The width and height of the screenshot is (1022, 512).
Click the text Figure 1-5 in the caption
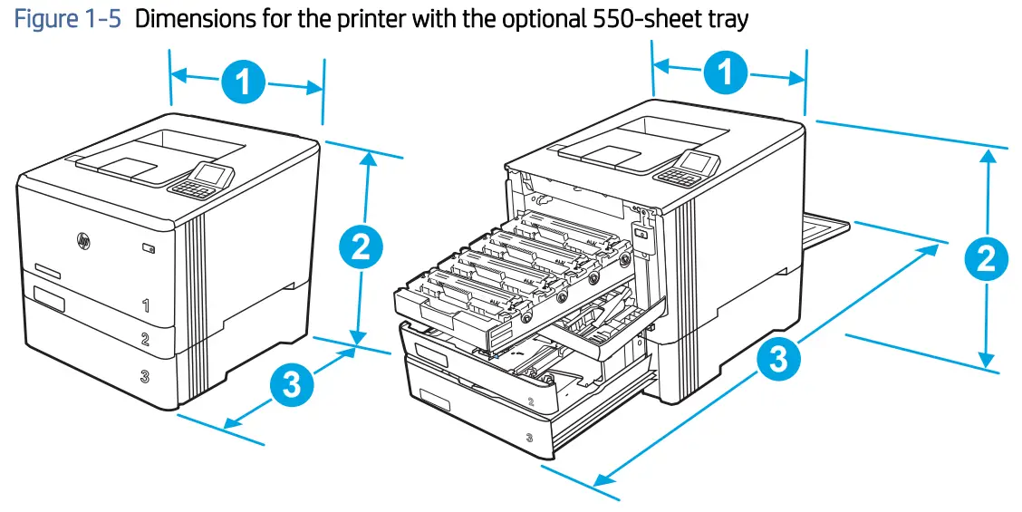(x=67, y=19)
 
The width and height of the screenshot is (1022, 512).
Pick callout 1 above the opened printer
(x=727, y=72)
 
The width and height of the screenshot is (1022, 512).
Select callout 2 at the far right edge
(x=986, y=260)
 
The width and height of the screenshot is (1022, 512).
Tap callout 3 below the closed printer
(x=291, y=386)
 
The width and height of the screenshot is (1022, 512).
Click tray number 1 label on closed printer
(x=146, y=305)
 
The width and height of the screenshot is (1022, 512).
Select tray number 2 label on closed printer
(x=145, y=340)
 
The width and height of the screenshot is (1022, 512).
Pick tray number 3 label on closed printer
(x=145, y=376)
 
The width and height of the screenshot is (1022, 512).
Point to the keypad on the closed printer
(x=188, y=188)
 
